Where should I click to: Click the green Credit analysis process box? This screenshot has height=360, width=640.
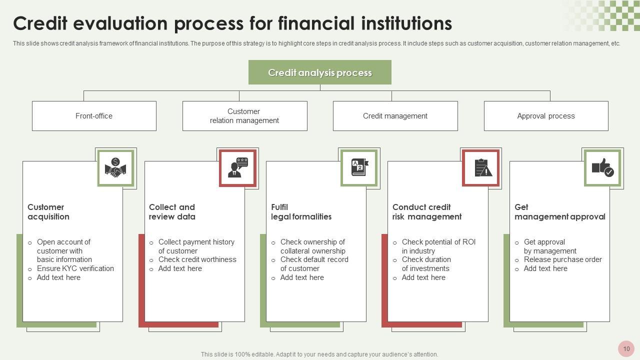pyautogui.click(x=319, y=72)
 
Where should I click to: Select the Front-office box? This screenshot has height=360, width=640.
pyautogui.click(x=94, y=116)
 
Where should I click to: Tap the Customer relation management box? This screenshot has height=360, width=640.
pyautogui.click(x=244, y=116)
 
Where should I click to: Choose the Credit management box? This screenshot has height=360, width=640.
pyautogui.click(x=395, y=116)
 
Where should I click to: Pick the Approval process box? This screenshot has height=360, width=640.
pyautogui.click(x=545, y=116)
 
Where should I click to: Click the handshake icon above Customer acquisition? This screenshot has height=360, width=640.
pyautogui.click(x=115, y=168)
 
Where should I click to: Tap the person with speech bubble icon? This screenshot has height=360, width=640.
pyautogui.click(x=237, y=168)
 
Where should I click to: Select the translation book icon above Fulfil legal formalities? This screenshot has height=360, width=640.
pyautogui.click(x=359, y=168)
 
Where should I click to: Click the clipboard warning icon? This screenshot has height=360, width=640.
pyautogui.click(x=481, y=168)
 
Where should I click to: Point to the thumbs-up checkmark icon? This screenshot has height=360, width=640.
pyautogui.click(x=602, y=168)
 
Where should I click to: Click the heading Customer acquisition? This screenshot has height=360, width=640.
pyautogui.click(x=48, y=212)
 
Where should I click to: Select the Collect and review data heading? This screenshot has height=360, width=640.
pyautogui.click(x=172, y=212)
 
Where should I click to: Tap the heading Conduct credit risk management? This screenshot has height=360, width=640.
pyautogui.click(x=426, y=212)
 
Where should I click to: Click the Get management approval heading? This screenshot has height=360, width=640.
pyautogui.click(x=559, y=212)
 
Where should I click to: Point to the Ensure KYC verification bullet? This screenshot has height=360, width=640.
pyautogui.click(x=75, y=268)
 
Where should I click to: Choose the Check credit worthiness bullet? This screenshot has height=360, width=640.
pyautogui.click(x=197, y=259)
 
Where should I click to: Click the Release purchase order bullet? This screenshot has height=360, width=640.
pyautogui.click(x=562, y=259)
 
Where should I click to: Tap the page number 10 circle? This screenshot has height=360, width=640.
pyautogui.click(x=626, y=349)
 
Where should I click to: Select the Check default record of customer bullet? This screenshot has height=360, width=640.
pyautogui.click(x=314, y=264)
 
